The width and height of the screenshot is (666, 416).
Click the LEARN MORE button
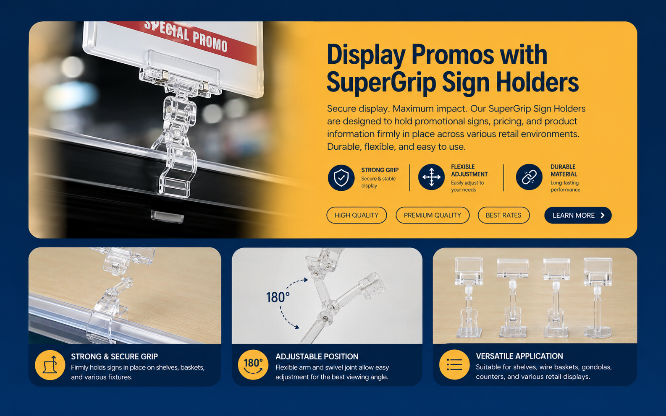(x=578, y=215)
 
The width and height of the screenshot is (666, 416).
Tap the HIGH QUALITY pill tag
(x=357, y=215)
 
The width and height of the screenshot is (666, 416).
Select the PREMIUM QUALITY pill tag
(x=432, y=215)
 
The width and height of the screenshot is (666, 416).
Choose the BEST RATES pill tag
(x=503, y=215)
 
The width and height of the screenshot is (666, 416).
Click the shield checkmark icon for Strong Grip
(x=341, y=177)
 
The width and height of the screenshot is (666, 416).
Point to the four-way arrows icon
(x=431, y=177)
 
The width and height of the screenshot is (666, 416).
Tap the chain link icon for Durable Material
(x=529, y=177)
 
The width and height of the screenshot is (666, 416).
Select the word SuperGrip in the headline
(x=381, y=83)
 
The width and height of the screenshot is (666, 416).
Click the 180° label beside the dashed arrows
(x=278, y=297)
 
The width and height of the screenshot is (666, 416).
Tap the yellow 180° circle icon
(x=253, y=365)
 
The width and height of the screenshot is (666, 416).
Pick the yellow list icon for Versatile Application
(x=454, y=365)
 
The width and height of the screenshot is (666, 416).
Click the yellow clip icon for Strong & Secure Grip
(x=50, y=365)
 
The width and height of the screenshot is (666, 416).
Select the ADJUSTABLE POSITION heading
(x=317, y=356)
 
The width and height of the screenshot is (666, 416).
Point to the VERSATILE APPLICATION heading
(x=519, y=356)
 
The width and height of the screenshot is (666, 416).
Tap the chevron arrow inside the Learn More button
(x=602, y=215)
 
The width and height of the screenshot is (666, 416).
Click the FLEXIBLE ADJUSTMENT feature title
(x=469, y=170)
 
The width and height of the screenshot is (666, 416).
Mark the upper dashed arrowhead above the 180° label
(x=305, y=280)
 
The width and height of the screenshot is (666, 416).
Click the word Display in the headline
(x=366, y=55)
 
